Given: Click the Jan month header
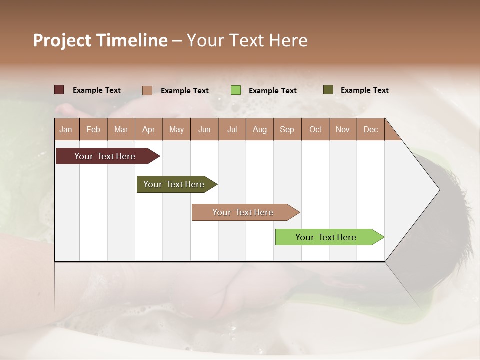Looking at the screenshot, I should pos(66,129).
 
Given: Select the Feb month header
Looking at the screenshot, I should pos(93,129).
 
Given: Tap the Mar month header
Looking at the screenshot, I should pos(121,129).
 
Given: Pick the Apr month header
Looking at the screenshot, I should pos(149,129).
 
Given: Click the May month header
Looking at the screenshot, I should pos(176,129).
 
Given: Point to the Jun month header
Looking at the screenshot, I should pos(204,129).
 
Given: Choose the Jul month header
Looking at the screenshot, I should pos(232,129).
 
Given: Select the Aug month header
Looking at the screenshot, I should pos(260,129).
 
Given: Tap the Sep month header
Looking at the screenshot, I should pos(287,129).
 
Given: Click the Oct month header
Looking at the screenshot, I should pos(315,129).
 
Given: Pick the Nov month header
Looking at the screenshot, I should pos(343,129).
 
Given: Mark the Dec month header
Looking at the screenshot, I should pos(371,129).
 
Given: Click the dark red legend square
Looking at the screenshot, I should pos(59,90).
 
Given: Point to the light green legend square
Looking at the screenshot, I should pos(236,90).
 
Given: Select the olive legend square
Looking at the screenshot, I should pos(328,90).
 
